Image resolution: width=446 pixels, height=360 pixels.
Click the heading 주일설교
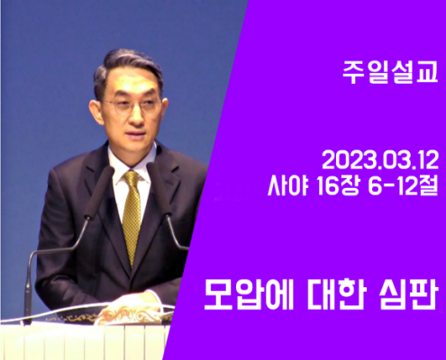(390, 73)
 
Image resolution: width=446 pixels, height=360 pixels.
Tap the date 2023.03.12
(380, 160)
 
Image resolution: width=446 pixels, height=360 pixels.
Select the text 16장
(338, 187)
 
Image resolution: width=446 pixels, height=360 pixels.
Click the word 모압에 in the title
(249, 294)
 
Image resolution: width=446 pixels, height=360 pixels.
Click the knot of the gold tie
(132, 177)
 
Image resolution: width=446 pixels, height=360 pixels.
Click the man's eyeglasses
(132, 105)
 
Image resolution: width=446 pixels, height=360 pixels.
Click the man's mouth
(137, 132)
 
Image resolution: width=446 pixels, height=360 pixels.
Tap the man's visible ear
(96, 109)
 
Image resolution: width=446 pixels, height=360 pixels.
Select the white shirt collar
(131, 162)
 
